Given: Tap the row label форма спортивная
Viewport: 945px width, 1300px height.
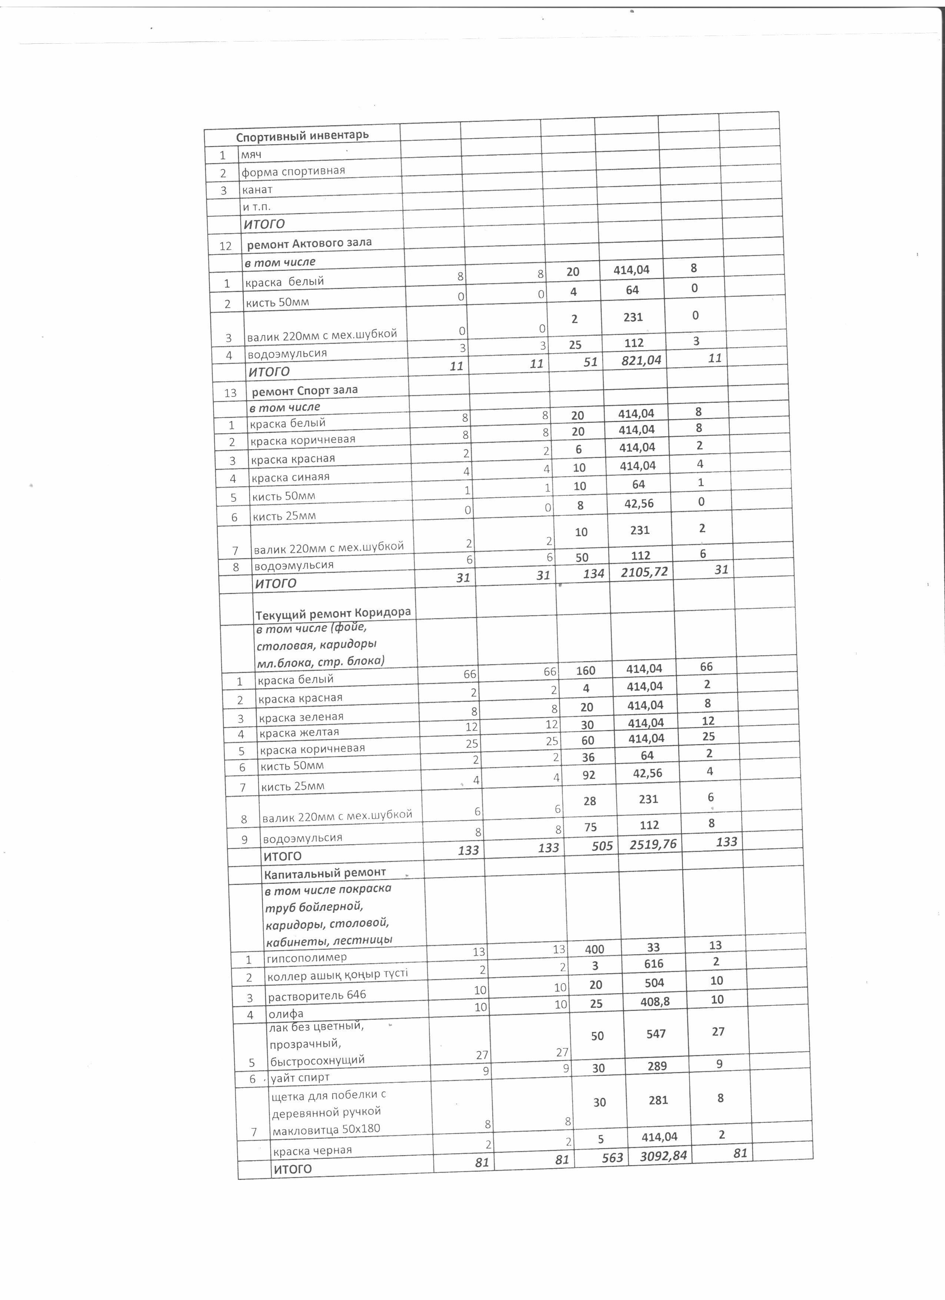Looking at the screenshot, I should (293, 171).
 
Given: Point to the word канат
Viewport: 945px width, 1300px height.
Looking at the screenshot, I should (257, 189).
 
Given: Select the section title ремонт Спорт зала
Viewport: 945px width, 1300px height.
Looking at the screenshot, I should (305, 390).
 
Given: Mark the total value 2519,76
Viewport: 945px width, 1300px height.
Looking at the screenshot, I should (653, 843).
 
